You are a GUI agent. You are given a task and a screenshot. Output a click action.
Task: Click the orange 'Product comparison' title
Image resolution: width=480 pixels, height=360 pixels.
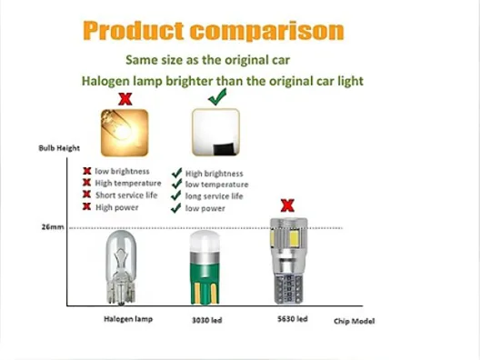(214, 31)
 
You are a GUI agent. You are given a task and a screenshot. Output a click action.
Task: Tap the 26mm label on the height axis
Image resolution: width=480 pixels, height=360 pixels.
(53, 227)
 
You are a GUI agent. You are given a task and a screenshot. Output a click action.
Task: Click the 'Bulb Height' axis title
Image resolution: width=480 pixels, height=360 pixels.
(59, 148)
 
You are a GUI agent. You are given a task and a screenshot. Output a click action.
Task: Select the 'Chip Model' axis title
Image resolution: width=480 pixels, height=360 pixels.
(355, 321)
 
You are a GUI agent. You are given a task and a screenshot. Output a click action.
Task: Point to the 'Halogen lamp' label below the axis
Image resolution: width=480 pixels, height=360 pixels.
(128, 319)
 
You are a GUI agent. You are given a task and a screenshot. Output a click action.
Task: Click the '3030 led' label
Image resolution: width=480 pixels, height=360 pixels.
(206, 320)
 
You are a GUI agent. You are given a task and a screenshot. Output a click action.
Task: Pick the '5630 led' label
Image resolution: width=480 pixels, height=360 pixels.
(293, 319)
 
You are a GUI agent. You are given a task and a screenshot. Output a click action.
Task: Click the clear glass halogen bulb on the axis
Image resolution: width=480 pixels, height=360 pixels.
(121, 267)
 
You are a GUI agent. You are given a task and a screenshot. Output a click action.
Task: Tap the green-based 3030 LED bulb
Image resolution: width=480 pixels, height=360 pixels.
(205, 268)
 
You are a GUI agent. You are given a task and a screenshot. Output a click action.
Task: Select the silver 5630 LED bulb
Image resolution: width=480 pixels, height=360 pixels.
(289, 261)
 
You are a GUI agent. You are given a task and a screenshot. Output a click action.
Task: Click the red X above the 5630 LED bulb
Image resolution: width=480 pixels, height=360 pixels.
(287, 205)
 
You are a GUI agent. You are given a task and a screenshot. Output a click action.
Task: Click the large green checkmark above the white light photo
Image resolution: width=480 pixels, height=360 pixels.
(217, 96)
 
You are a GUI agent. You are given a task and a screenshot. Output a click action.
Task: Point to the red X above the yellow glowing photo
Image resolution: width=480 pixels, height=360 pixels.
(125, 99)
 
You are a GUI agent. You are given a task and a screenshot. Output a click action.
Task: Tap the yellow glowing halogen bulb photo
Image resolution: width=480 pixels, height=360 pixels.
(125, 133)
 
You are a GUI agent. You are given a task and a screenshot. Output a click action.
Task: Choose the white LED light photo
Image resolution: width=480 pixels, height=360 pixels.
(215, 132)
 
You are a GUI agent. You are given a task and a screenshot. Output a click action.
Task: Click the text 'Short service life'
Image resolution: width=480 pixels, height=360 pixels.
(126, 195)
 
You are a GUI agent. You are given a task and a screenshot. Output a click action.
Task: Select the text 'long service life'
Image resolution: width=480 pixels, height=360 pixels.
(214, 196)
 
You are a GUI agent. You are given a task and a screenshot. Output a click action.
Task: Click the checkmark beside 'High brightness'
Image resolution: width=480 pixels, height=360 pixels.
(177, 173)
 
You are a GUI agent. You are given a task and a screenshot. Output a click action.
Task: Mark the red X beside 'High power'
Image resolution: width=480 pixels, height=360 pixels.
(87, 206)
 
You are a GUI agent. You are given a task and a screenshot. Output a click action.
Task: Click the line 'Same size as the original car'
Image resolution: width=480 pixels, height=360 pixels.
(207, 60)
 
